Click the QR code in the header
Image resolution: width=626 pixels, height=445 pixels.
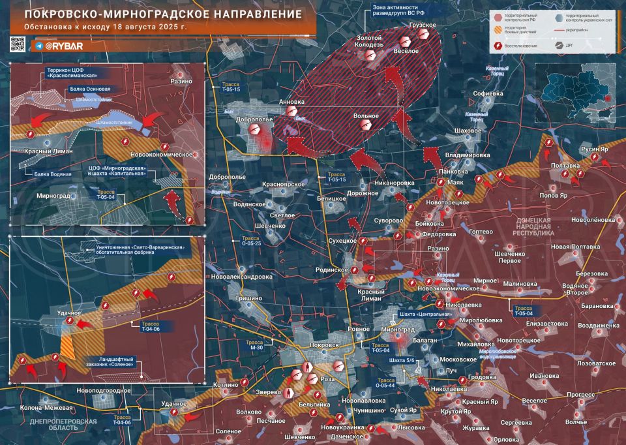18,45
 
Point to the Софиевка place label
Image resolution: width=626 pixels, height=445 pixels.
488,93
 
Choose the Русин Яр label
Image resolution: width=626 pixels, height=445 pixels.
593,149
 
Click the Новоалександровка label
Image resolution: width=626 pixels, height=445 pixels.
241,276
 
